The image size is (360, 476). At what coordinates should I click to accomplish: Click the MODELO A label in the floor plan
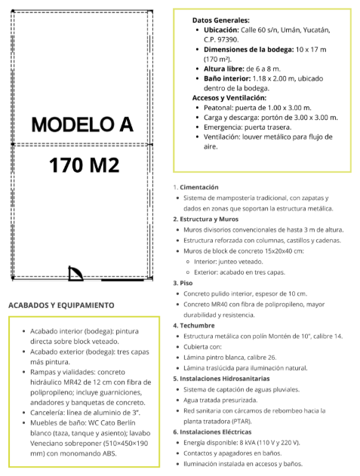81,124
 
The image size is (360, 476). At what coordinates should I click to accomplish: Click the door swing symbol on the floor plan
75,273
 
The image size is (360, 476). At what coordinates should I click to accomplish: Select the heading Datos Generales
221,20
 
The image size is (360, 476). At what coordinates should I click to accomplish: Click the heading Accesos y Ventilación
229,98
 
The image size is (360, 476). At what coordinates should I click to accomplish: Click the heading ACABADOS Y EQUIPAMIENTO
61,306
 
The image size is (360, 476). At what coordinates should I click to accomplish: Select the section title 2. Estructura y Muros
211,219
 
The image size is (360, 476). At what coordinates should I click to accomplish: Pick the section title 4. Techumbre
198,325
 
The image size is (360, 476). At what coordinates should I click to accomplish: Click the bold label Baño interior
229,78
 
